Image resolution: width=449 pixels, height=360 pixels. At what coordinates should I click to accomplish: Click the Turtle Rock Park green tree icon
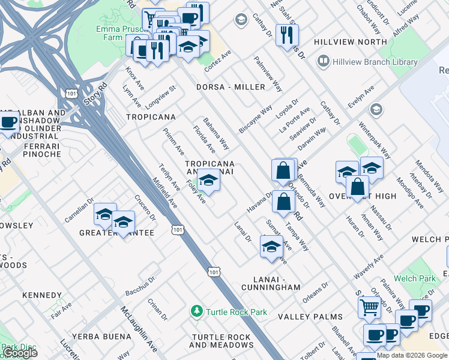tap(196, 311)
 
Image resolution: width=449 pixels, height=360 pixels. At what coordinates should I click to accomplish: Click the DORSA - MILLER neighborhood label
tap(231, 87)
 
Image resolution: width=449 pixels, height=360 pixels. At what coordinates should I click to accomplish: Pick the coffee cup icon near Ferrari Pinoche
tap(9, 123)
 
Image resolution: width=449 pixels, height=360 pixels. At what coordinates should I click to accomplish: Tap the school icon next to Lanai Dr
tap(271, 246)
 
